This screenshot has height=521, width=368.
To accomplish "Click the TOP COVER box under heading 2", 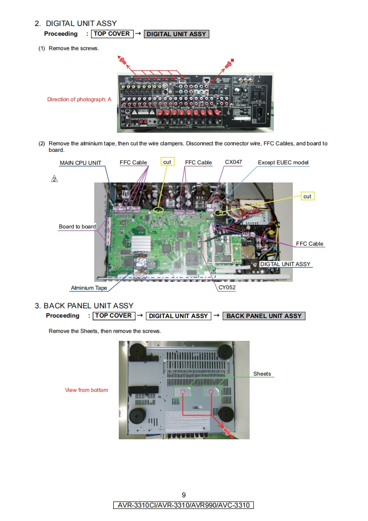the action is tap(112, 33).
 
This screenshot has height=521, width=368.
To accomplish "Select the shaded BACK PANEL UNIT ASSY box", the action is tap(264, 316).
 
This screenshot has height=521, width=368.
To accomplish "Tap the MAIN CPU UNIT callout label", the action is tap(80, 163).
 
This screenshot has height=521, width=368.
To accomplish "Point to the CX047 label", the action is tap(233, 163).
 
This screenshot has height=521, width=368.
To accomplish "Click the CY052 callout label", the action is tap(227, 288).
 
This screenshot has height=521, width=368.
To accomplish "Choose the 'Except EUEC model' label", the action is tap(283, 163).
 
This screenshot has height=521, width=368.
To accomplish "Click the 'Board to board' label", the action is tap(77, 227).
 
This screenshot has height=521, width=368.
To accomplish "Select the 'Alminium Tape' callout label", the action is tap(89, 288).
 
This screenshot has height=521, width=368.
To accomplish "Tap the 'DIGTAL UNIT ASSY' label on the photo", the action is tap(285, 264).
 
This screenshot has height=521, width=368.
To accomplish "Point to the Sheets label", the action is tap(262, 374).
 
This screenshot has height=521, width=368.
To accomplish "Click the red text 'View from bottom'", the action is tap(86, 390).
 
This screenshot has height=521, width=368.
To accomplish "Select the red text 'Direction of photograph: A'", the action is tap(79, 99).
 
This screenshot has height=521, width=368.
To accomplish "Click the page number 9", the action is tap(184, 495).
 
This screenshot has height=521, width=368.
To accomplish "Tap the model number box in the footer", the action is tap(184, 505).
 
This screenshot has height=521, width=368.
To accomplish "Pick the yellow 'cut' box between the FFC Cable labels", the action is tap(167, 162).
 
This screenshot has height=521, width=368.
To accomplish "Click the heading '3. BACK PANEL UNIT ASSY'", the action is tap(84, 306).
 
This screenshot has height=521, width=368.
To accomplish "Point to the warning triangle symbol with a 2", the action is tap(54, 179).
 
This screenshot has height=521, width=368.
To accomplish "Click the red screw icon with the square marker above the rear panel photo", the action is tap(228, 65).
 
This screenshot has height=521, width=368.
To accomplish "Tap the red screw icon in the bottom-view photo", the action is tap(227, 431).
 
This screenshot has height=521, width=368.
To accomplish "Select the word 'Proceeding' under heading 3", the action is tap(63, 316).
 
